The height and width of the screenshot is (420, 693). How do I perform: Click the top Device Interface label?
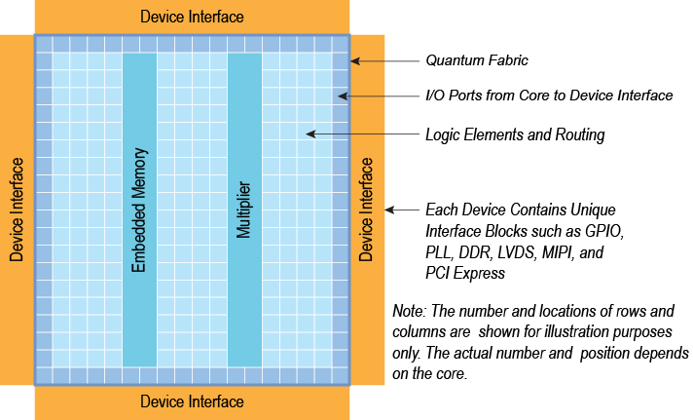[x=192, y=17]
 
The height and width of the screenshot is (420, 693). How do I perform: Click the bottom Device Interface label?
[x=192, y=401]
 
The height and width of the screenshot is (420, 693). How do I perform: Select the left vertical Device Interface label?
[x=17, y=210]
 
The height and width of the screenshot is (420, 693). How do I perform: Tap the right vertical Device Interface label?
[x=366, y=210]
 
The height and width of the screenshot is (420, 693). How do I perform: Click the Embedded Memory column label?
[x=139, y=210]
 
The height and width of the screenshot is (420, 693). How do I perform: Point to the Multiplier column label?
[x=244, y=210]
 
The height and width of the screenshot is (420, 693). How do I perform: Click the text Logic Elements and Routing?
[x=515, y=134]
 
